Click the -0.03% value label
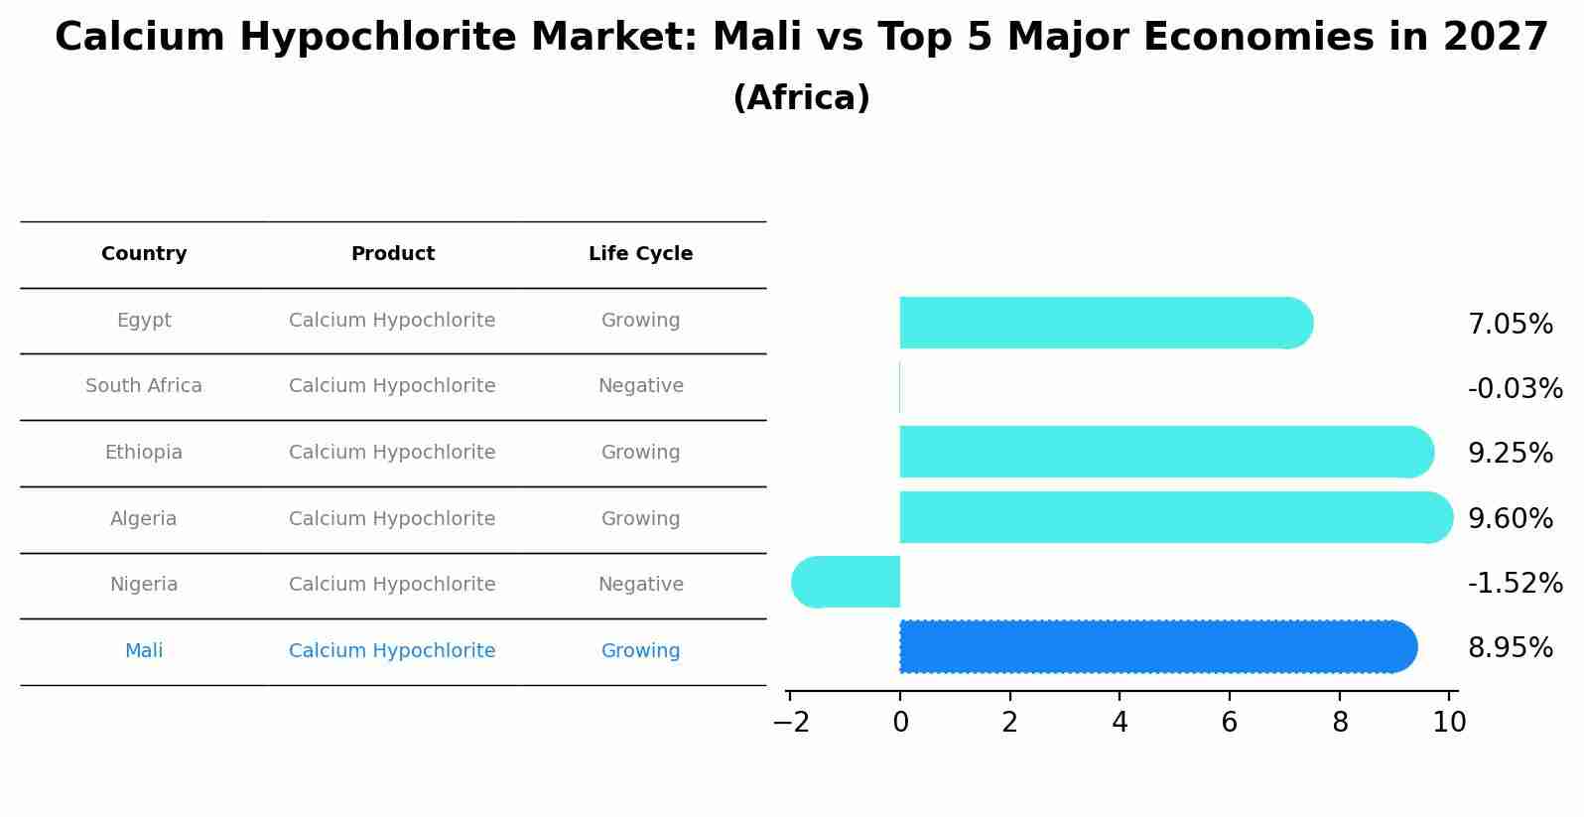coord(1515,388)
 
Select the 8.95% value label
coord(1510,648)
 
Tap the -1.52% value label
coord(1515,583)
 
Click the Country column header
coord(144,254)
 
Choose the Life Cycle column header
coord(640,254)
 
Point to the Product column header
coord(392,254)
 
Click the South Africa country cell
coord(144,386)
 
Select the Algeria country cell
coord(144,518)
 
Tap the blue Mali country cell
coord(144,651)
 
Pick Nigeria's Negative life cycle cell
coord(640,585)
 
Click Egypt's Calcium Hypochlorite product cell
coord(392,321)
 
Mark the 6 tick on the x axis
coord(1229,722)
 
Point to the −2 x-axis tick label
coord(791,722)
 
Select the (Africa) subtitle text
coord(801,98)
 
